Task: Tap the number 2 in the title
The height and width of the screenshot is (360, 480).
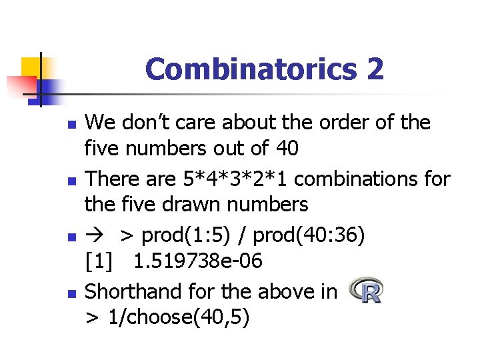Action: coord(375,69)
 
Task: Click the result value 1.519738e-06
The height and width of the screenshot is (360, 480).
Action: coord(197,262)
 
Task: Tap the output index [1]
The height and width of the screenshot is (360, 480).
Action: coord(99,262)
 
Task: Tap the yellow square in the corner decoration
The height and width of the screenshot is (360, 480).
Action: coord(31,67)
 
